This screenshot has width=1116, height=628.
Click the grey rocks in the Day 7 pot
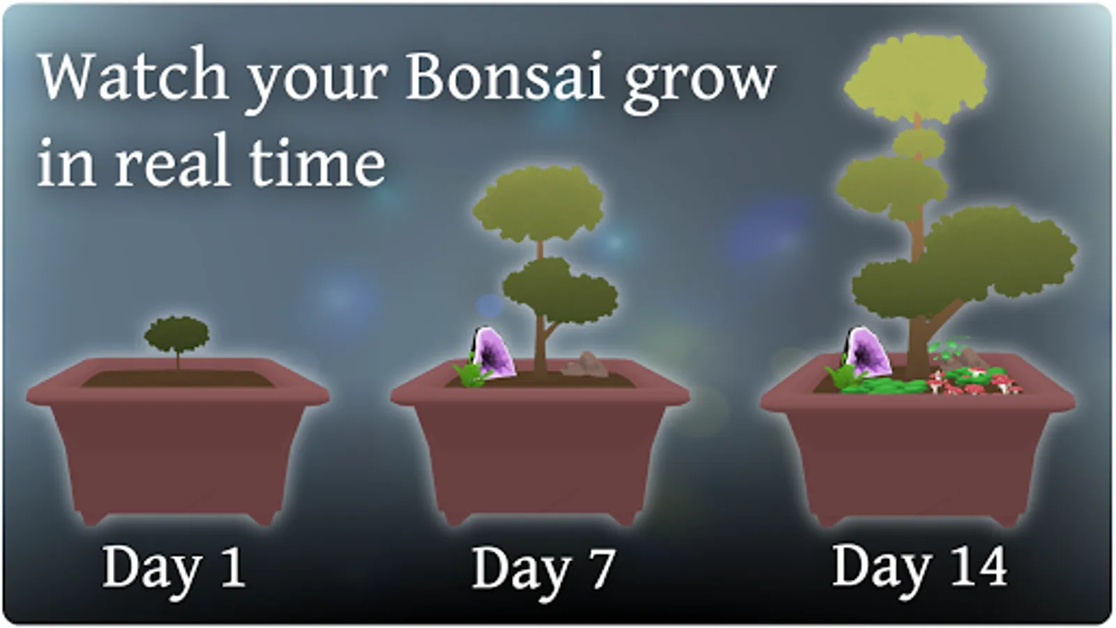tap(585, 365)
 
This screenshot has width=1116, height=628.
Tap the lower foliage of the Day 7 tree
tap(561, 292)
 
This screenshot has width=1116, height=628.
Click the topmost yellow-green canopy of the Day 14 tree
tap(916, 77)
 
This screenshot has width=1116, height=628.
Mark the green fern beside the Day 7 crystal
tap(471, 374)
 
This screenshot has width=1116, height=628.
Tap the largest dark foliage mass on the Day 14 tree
tap(964, 264)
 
